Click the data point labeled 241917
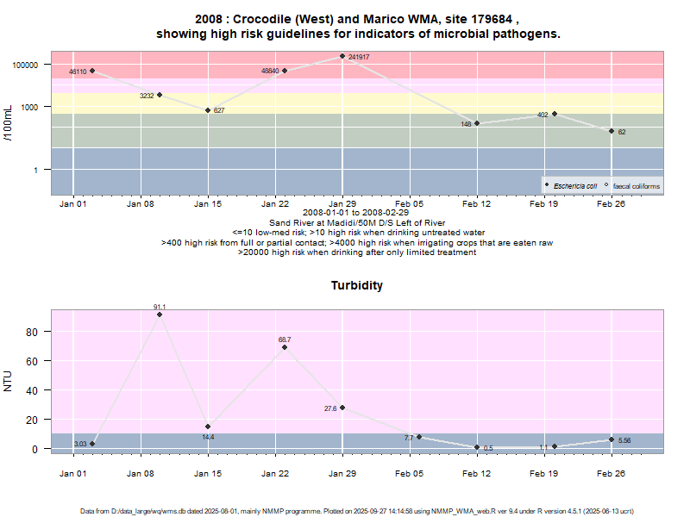(x=342, y=57)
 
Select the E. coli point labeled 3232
(x=160, y=95)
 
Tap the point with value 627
(x=208, y=110)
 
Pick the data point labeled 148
(x=477, y=123)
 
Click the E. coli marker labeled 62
(x=612, y=131)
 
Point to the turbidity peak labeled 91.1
(x=160, y=315)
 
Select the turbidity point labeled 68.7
(x=285, y=346)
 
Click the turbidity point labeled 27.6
(x=342, y=408)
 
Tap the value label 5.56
(x=625, y=440)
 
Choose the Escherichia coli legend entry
(x=574, y=185)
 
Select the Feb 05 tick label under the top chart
(x=410, y=204)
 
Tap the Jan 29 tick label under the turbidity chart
(x=342, y=473)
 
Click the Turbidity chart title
(x=357, y=285)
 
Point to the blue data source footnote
(x=345, y=511)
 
